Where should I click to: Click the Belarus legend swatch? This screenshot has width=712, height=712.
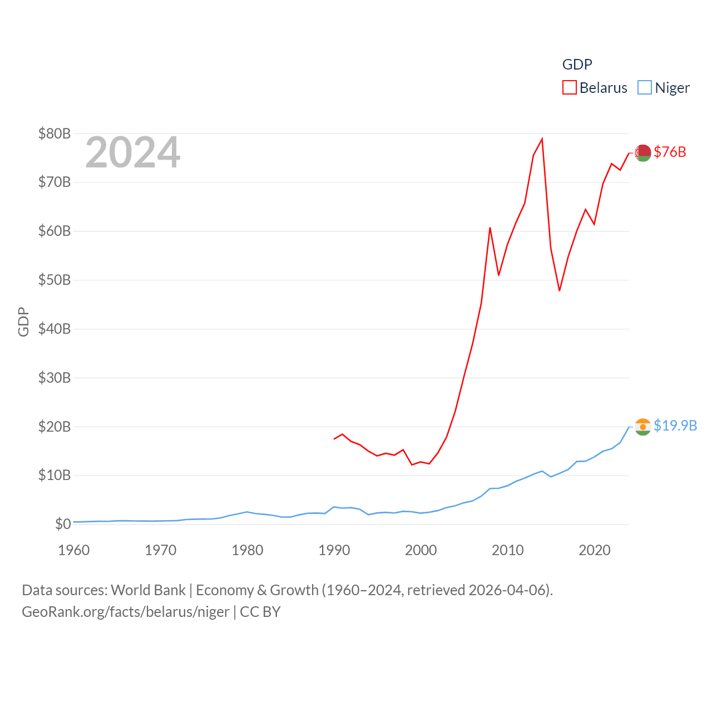click(x=569, y=87)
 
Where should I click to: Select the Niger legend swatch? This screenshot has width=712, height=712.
click(x=644, y=87)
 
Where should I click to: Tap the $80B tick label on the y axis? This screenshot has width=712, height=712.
click(x=55, y=133)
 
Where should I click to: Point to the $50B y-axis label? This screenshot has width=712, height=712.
click(x=55, y=280)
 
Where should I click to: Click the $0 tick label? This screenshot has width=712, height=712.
click(x=63, y=524)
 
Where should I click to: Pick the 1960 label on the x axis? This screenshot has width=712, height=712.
click(x=74, y=550)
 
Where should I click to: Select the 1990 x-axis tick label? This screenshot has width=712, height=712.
click(x=334, y=550)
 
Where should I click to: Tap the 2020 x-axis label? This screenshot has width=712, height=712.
click(x=595, y=550)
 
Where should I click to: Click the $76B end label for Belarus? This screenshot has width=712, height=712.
click(x=670, y=152)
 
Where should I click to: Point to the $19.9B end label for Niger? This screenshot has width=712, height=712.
click(x=675, y=426)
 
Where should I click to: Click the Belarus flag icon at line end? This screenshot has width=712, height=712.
click(x=643, y=152)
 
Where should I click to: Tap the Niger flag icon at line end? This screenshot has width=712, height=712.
click(x=643, y=427)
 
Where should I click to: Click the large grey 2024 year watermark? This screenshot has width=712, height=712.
click(x=133, y=152)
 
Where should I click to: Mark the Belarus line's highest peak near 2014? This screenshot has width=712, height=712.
click(x=542, y=139)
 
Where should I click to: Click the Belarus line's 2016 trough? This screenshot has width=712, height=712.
click(x=560, y=290)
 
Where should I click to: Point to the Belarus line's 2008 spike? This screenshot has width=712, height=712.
click(x=490, y=228)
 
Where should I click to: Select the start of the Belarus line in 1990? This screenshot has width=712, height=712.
click(x=334, y=439)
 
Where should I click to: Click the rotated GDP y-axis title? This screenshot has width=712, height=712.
click(x=23, y=322)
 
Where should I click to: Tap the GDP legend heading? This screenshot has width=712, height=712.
click(x=577, y=65)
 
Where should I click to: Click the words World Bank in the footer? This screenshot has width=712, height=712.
click(x=149, y=590)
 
